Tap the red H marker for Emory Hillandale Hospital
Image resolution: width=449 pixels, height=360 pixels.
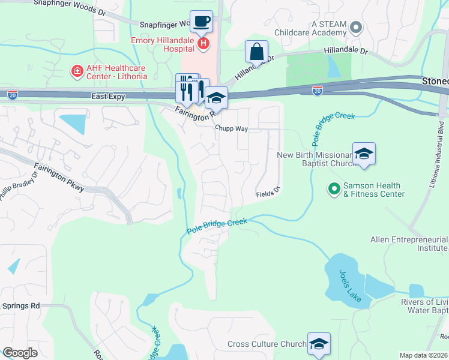pyautogui.click(x=203, y=43)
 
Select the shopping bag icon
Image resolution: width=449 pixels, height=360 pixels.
pyautogui.click(x=256, y=52)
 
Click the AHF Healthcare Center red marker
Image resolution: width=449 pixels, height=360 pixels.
pyautogui.click(x=77, y=72)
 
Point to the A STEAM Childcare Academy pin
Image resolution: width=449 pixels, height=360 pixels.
pyautogui.click(x=356, y=27)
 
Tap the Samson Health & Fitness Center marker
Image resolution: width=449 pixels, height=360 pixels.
pyautogui.click(x=334, y=190)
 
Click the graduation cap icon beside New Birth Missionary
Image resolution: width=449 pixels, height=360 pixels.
pyautogui.click(x=364, y=155)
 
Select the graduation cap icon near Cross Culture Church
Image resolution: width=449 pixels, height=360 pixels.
pyautogui.click(x=319, y=344)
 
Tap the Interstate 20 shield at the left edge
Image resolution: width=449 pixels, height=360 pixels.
pyautogui.click(x=13, y=94)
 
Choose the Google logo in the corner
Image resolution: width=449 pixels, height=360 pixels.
pyautogui.click(x=20, y=353)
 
